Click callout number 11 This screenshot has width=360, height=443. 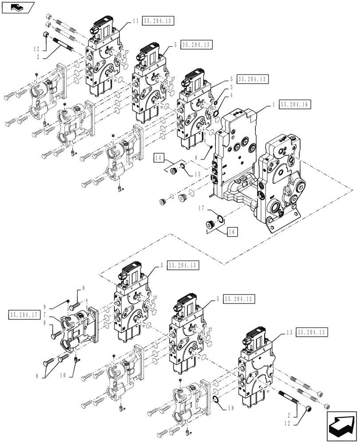point(135,21)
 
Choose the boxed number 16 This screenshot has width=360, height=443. point(234,231)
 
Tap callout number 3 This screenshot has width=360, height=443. point(231,87)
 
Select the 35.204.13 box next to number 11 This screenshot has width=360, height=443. point(158,21)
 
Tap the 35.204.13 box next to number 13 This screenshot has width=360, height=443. point(313,331)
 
